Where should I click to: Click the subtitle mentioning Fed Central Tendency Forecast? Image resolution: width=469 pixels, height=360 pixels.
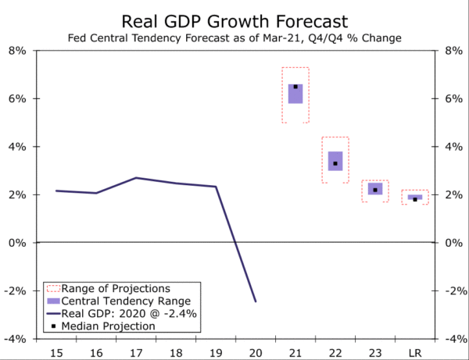[234, 37]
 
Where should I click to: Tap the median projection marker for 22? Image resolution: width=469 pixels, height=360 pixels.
[335, 163]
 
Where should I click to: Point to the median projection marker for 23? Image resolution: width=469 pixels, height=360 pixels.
[375, 190]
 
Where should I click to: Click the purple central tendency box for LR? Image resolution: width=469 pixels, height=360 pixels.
[415, 197]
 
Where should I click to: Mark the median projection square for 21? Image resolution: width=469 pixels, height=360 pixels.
[295, 87]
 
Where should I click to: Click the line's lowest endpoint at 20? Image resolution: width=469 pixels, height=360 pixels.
[256, 301]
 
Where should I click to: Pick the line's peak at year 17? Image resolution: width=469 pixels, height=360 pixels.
[136, 178]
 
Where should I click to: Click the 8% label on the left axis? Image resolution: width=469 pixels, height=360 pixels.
[17, 51]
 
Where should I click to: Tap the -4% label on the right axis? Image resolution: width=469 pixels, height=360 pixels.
[453, 339]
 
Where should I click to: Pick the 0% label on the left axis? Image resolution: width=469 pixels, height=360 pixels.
[17, 243]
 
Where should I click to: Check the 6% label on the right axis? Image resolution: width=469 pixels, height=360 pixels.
[453, 99]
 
